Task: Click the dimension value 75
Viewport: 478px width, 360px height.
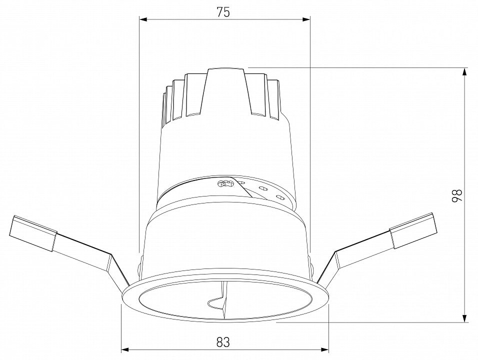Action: coord(223,12)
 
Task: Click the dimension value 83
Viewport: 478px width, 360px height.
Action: coord(223,342)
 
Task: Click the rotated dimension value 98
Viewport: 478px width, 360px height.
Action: coord(457,195)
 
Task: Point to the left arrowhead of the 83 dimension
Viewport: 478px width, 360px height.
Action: coord(125,349)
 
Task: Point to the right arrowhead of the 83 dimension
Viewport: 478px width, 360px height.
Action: coord(324,349)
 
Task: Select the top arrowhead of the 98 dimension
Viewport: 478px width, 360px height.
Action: coord(464,72)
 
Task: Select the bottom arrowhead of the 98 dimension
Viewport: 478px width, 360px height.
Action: coord(464,317)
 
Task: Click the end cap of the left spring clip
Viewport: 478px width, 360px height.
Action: coord(33,233)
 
